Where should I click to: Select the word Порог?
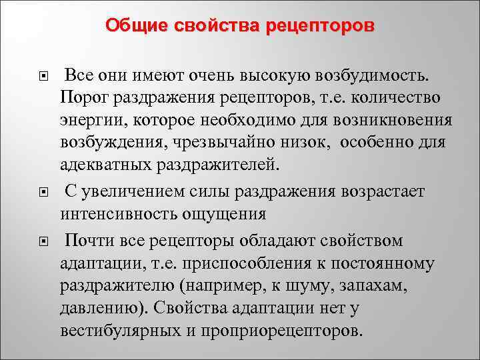[x=83, y=97]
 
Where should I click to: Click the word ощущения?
[x=219, y=215]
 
